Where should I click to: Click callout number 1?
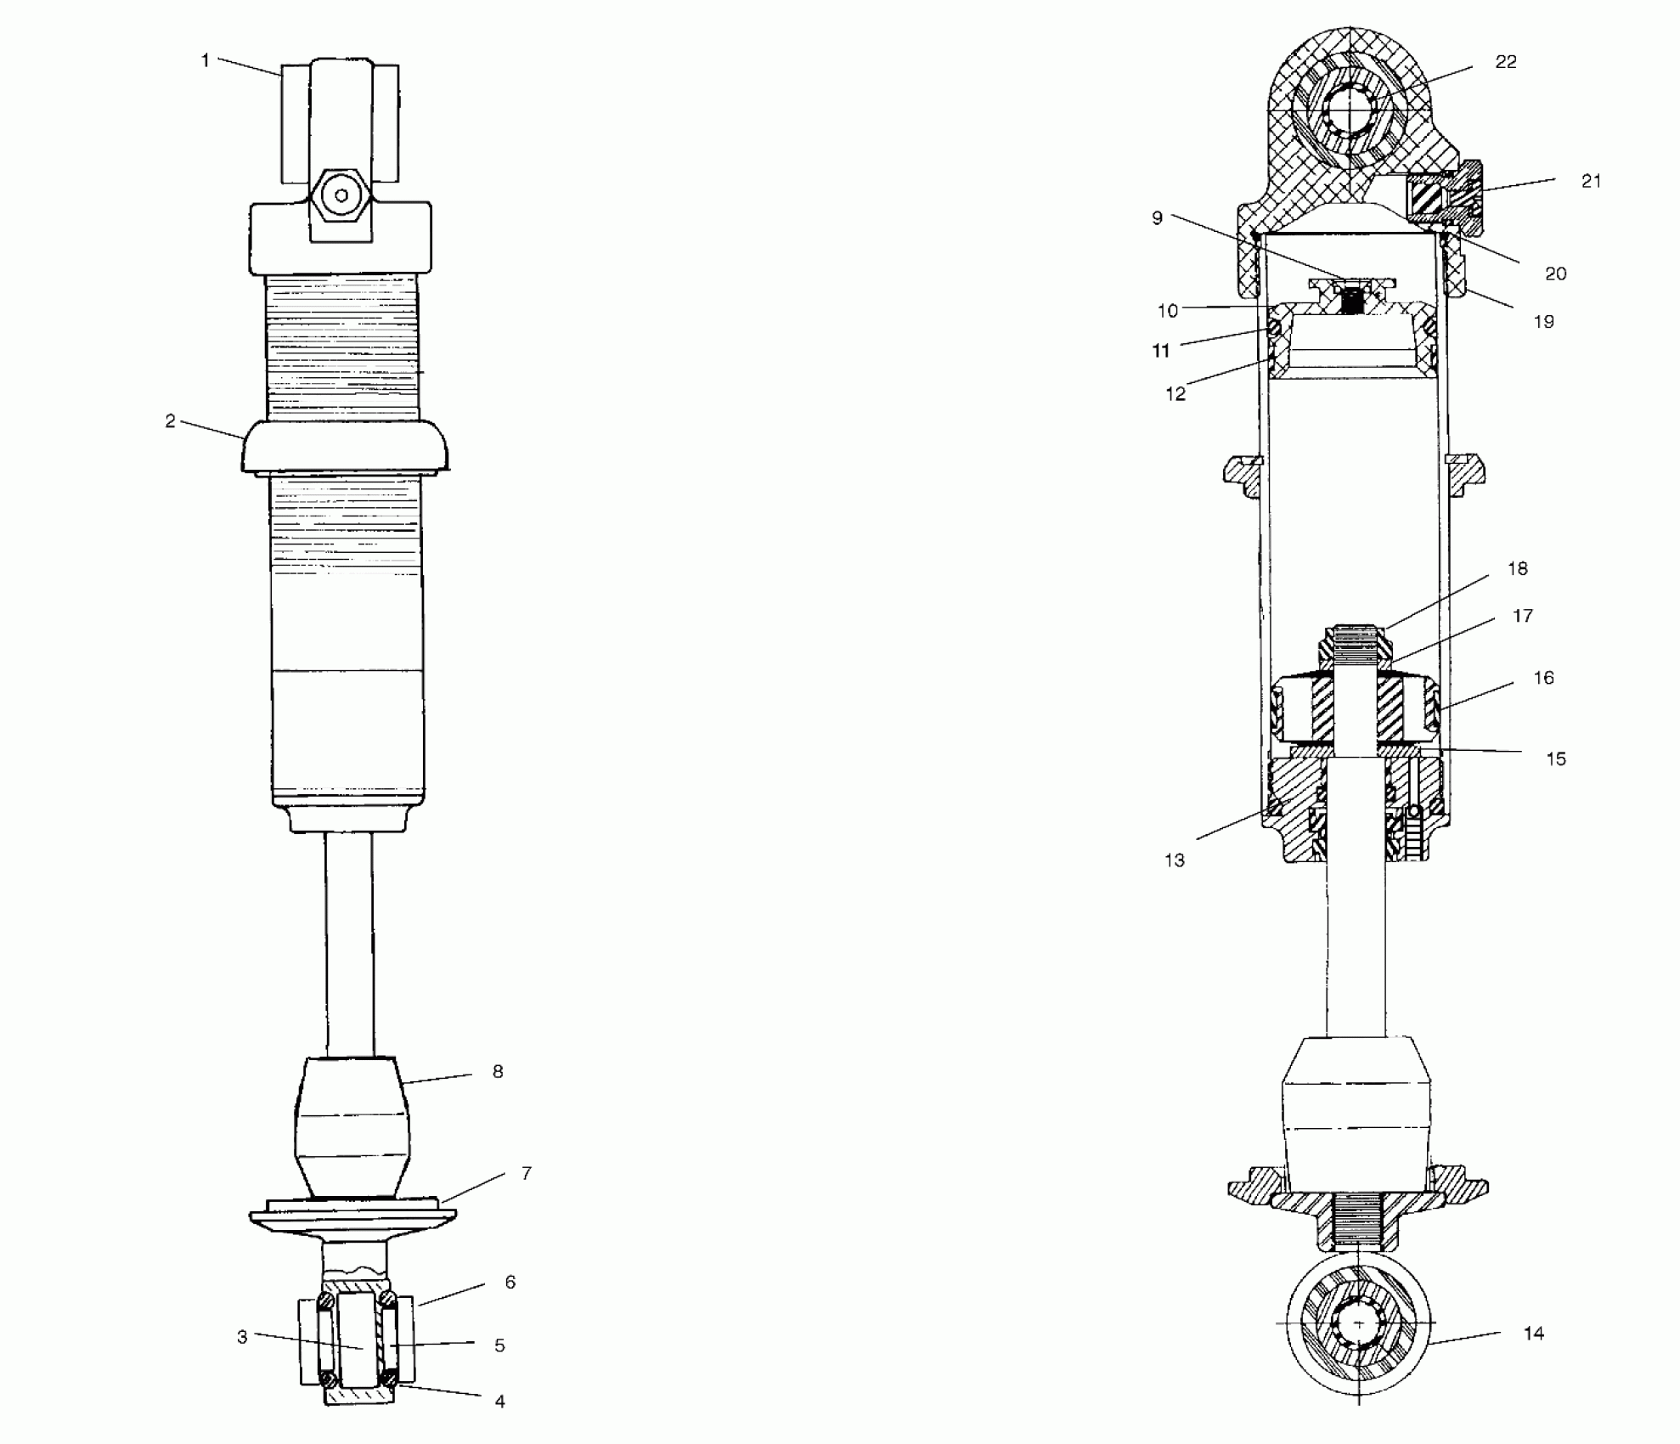205,60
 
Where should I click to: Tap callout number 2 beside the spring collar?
170,421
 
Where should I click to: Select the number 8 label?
498,1072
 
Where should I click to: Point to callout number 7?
527,1173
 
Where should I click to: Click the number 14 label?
1534,1334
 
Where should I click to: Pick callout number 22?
1506,62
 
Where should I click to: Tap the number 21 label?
1592,181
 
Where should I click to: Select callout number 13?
1175,860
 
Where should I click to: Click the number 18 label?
1518,569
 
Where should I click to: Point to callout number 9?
1157,218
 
